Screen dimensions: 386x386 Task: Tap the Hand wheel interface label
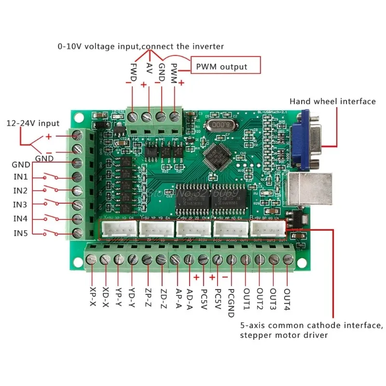(x=332, y=101)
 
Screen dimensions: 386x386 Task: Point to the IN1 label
(x=20, y=177)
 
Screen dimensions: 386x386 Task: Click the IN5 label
(x=20, y=234)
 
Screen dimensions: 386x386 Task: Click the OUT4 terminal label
(x=287, y=300)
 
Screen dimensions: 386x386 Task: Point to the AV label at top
(x=149, y=69)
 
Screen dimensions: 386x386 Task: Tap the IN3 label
(x=20, y=205)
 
